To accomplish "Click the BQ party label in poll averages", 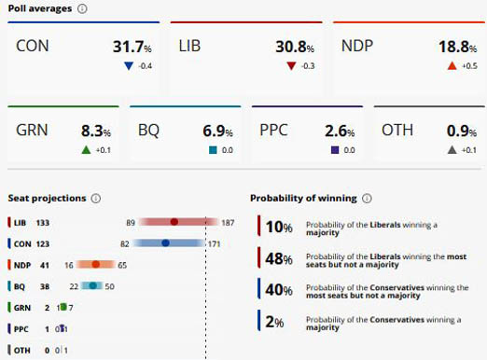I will click(x=147, y=132).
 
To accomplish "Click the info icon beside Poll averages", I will click(x=82, y=8).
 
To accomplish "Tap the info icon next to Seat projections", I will click(x=96, y=198).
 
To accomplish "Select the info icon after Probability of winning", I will click(x=367, y=198).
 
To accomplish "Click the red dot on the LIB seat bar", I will click(x=174, y=223).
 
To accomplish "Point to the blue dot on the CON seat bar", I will click(x=165, y=243).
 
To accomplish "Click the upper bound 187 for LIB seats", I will click(x=228, y=223).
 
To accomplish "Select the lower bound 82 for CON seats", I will click(x=124, y=243).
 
